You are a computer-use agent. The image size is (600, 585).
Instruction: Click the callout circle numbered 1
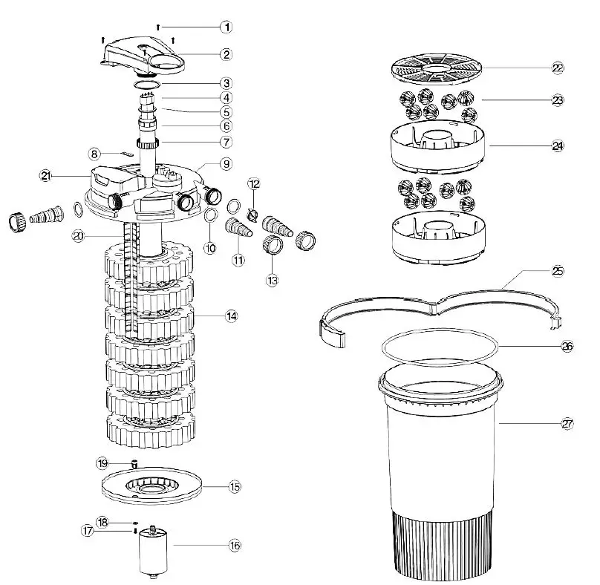(x=226, y=27)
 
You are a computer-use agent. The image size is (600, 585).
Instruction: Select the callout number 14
(x=232, y=316)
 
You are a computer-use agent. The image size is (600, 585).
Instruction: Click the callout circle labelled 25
(x=558, y=271)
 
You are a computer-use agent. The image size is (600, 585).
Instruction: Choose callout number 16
(x=235, y=545)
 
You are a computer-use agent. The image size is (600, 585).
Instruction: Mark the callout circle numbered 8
(x=95, y=154)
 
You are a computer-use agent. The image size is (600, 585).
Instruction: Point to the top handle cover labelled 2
(x=146, y=55)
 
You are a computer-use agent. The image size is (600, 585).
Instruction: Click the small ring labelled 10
(x=210, y=216)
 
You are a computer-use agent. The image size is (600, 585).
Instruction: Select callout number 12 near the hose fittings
(x=253, y=183)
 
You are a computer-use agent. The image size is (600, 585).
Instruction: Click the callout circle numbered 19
(x=102, y=463)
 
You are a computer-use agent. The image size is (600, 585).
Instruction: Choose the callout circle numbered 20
(x=79, y=236)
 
